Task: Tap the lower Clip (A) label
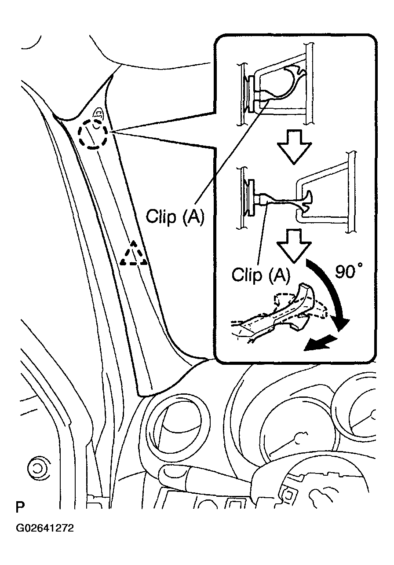coord(261,275)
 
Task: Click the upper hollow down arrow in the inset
coord(295,146)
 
